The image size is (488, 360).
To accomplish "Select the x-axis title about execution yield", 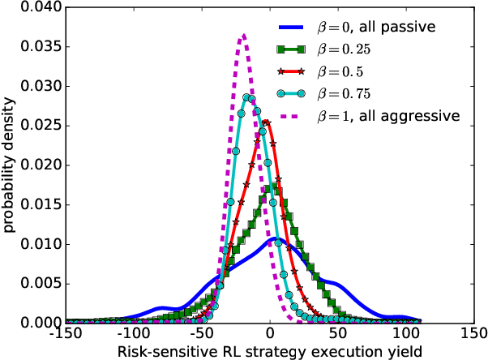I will [x=271, y=351].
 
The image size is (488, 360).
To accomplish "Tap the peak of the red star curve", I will [x=266, y=122].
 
